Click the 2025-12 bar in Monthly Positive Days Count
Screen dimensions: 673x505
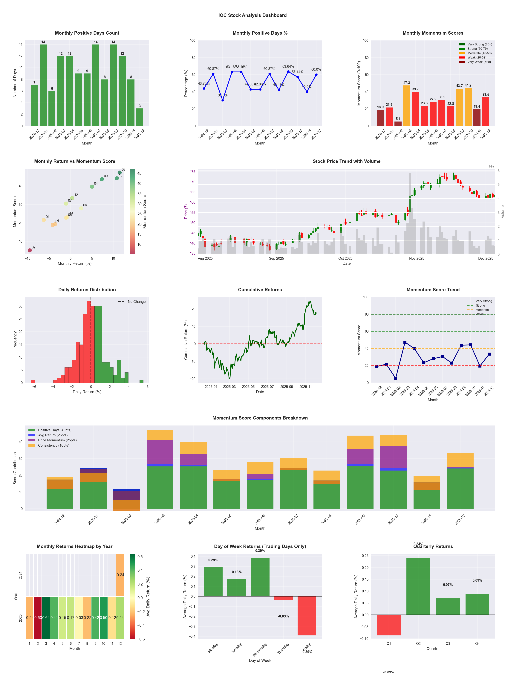[x=140, y=117]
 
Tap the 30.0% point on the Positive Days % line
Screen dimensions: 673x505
[x=223, y=100]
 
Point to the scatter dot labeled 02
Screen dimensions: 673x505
[x=30, y=250]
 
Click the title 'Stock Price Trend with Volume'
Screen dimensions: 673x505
[x=346, y=161]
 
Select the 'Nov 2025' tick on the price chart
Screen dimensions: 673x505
[x=416, y=259]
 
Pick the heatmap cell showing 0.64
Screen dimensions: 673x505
[x=46, y=618]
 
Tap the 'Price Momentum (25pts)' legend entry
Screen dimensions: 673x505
[x=57, y=440]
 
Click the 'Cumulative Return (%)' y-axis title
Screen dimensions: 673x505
[x=186, y=340]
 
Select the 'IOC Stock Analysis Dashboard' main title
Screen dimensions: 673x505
[x=252, y=15]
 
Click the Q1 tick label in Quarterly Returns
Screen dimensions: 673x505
[x=389, y=643]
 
